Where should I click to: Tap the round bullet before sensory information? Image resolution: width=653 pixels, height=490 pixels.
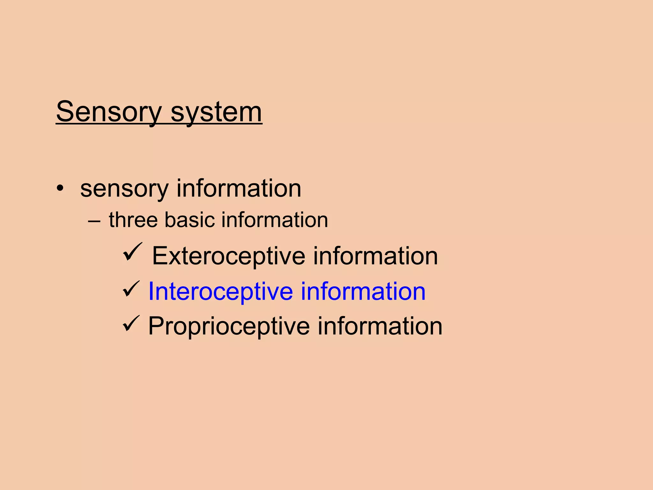coord(60,188)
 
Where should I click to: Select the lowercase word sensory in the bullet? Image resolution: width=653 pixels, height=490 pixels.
coord(124,189)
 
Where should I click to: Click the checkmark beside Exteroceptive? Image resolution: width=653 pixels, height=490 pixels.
coord(132,252)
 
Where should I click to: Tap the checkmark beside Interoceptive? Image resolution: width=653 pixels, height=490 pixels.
coord(131,289)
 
